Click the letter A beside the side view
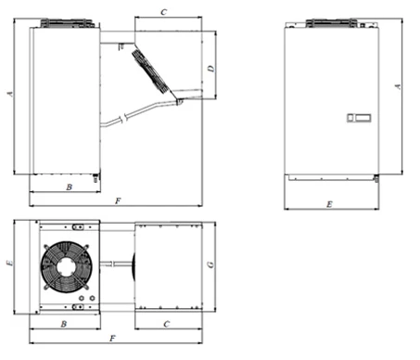coord(10,94)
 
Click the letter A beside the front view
coord(398,86)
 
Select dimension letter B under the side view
coord(70,187)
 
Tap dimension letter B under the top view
coord(64,324)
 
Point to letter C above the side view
coord(164,12)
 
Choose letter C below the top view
coord(167,324)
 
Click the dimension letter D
coord(211,69)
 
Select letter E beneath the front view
coord(329,204)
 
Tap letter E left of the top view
coord(10,263)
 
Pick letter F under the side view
coord(118,201)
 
